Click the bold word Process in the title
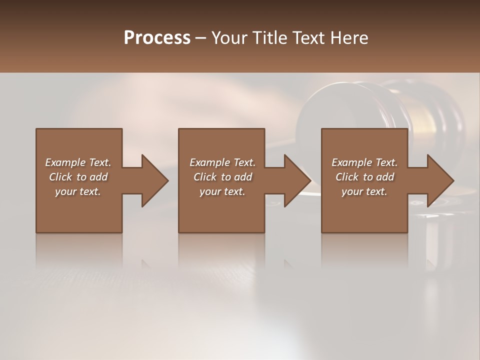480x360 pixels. click(x=157, y=38)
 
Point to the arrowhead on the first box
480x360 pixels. click(x=152, y=180)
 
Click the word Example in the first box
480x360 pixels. click(x=65, y=162)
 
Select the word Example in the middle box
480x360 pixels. click(x=209, y=162)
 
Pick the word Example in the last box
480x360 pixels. click(x=351, y=162)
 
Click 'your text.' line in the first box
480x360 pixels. click(x=78, y=191)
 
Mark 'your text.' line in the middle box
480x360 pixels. click(x=222, y=191)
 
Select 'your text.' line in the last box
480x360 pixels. click(x=364, y=191)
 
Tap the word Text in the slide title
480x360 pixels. click(x=309, y=38)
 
